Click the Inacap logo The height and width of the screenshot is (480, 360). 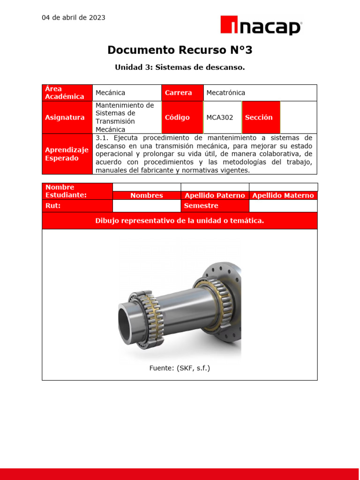(261, 25)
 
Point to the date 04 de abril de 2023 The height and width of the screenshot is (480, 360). (74, 18)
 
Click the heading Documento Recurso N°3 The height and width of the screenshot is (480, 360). (180, 50)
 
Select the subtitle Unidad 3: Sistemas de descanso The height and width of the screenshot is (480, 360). (180, 67)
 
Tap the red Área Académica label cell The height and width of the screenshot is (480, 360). (67, 93)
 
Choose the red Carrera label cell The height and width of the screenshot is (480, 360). (182, 93)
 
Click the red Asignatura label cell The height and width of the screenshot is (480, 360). (67, 118)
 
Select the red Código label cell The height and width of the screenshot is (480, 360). (182, 118)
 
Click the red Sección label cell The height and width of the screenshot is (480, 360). (261, 118)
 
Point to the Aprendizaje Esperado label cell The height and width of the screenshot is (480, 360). (67, 154)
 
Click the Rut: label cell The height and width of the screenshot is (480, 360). (77, 206)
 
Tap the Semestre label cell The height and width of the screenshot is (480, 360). (215, 206)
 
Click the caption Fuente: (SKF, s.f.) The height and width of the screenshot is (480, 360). (180, 368)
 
